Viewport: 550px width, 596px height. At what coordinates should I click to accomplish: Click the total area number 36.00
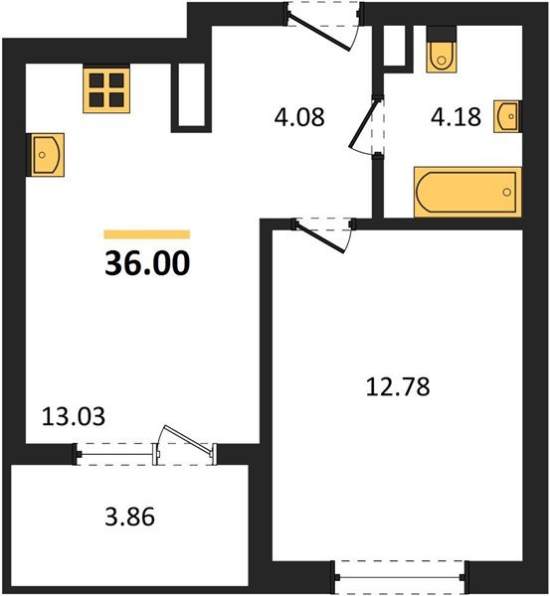click(147, 264)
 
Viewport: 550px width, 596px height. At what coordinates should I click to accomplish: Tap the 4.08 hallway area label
click(299, 117)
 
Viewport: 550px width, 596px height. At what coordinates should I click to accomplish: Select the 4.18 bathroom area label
click(456, 116)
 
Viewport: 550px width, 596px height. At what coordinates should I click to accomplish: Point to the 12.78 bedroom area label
click(398, 387)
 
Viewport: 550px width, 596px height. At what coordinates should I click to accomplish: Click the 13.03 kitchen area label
click(73, 416)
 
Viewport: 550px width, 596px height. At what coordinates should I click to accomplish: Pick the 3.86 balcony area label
click(130, 517)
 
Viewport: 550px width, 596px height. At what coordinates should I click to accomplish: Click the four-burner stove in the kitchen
click(106, 89)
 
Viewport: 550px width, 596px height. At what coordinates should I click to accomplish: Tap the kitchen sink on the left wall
click(46, 154)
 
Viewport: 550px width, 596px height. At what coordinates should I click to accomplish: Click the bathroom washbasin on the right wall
click(507, 116)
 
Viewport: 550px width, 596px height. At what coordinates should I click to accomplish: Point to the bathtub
click(467, 192)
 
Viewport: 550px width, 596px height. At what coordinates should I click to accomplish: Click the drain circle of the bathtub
click(506, 193)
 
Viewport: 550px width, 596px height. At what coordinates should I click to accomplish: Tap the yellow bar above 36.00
click(147, 234)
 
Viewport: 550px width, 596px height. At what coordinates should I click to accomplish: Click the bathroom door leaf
click(365, 122)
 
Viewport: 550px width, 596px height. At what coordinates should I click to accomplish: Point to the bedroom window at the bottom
click(401, 577)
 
